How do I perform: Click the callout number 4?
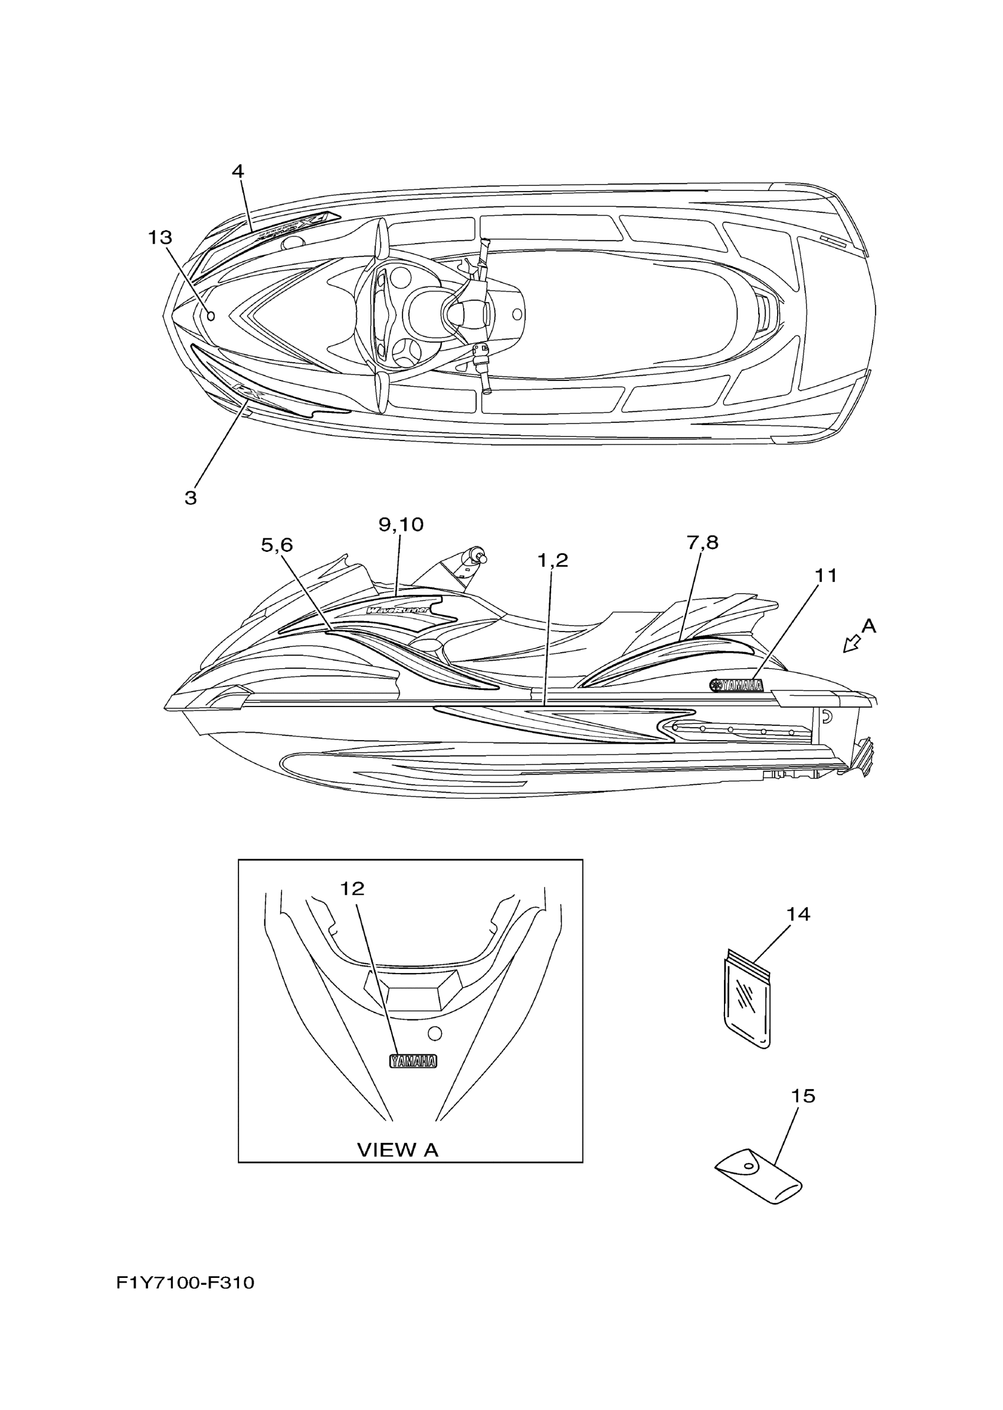(x=238, y=171)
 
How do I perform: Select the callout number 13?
(x=159, y=237)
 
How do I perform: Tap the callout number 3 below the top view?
(x=190, y=498)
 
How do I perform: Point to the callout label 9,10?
(x=401, y=525)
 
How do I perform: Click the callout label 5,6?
(x=277, y=545)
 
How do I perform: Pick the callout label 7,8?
(x=702, y=543)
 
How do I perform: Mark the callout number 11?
(x=826, y=576)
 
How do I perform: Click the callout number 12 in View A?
(x=352, y=888)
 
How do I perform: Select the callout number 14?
(x=798, y=913)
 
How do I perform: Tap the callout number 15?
(x=803, y=1096)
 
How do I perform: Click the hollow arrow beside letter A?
(x=853, y=645)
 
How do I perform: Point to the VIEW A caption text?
(x=398, y=1149)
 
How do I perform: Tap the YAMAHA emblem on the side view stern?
(x=736, y=685)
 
